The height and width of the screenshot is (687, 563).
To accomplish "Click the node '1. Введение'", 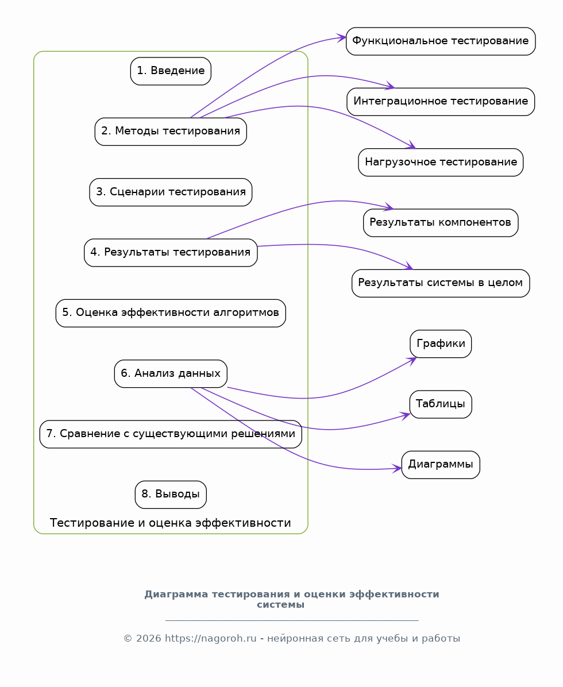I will point(171,71).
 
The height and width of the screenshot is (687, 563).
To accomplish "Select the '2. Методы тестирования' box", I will point(171,132).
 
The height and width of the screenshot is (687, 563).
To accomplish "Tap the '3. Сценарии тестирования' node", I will point(171,192).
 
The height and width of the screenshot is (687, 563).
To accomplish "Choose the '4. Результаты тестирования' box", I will point(171,253).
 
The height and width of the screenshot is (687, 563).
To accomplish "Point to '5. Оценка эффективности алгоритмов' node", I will point(171,313).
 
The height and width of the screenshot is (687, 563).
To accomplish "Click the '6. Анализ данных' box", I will point(171,374).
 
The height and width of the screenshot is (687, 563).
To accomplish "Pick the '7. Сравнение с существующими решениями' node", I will point(171,434).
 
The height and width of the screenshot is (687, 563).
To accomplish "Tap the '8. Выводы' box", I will point(171,495).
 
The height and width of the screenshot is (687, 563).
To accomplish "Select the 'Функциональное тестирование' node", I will point(441,41).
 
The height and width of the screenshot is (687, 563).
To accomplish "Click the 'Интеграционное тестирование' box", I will point(441,102).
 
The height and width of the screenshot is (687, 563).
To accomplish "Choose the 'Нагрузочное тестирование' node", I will point(441,163).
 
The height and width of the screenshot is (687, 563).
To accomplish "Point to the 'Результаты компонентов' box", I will point(441,223).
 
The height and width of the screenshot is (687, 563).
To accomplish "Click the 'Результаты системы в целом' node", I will point(441,283).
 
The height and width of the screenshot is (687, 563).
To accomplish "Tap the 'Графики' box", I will point(441,344).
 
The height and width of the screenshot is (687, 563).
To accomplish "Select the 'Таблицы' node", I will point(441,404).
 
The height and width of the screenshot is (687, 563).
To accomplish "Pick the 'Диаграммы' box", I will point(441,465).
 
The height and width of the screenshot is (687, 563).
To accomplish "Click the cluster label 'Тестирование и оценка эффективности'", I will point(171,523).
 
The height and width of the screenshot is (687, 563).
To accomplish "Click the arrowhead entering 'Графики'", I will point(412,360).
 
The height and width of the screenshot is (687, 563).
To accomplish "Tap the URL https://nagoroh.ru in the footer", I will point(210,639).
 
